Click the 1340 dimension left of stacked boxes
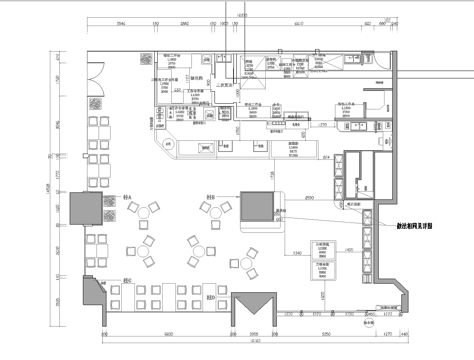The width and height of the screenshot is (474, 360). [x=299, y=254]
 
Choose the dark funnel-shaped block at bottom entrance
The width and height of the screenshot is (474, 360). [x=254, y=305]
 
